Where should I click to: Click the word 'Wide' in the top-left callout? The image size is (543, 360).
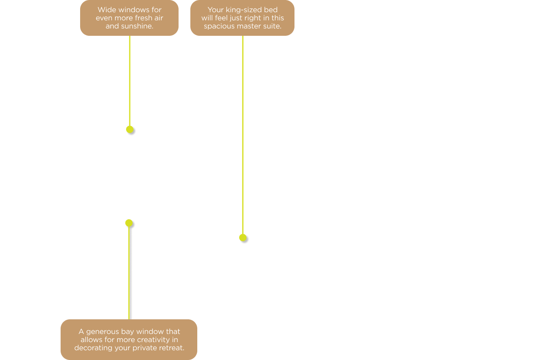(105, 10)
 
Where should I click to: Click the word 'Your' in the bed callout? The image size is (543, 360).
(216, 10)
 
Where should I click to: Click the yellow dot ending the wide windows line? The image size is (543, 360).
(130, 129)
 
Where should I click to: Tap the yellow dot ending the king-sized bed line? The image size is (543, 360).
(243, 238)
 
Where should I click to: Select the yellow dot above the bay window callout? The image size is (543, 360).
(129, 223)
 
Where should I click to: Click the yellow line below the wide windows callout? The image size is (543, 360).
(130, 81)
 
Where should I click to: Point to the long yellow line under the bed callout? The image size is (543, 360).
(243, 135)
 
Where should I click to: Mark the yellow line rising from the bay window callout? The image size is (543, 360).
(129, 273)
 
